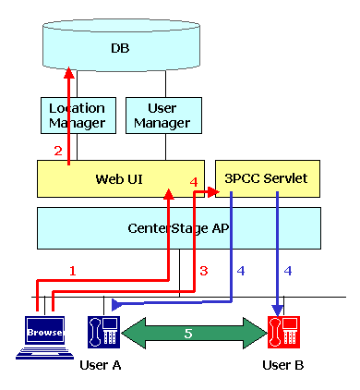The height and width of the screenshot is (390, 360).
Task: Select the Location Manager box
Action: click(x=77, y=115)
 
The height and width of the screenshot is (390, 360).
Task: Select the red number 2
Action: click(x=56, y=151)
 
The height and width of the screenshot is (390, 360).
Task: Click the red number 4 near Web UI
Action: click(x=193, y=182)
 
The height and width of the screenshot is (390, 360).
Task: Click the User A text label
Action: click(x=102, y=365)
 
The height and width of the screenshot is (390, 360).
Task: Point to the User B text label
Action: click(x=282, y=365)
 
